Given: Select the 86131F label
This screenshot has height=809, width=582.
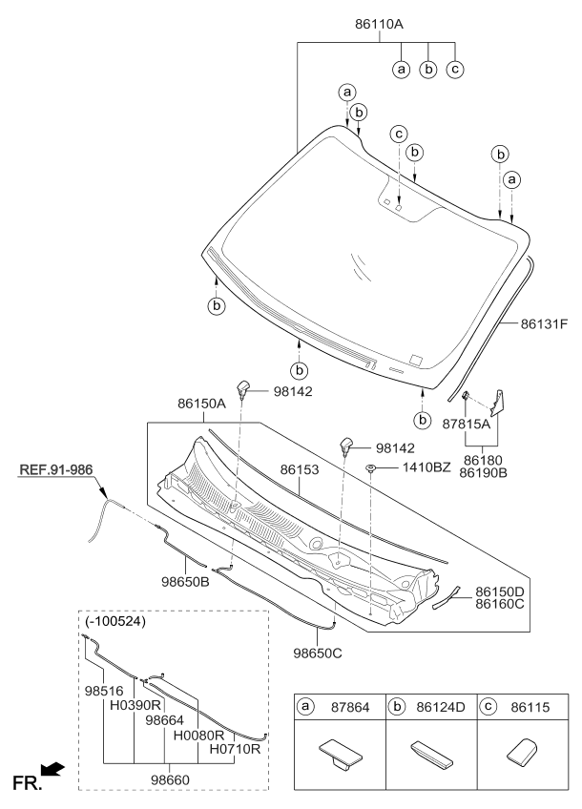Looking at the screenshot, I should (x=544, y=323).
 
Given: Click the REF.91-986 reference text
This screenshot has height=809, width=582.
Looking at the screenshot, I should (x=53, y=470).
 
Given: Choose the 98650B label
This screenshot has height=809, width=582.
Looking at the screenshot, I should (x=184, y=580).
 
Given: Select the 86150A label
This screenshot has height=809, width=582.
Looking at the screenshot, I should (x=201, y=404).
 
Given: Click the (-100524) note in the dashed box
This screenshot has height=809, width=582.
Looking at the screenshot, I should (x=115, y=622).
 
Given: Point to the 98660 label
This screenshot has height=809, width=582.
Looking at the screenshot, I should (x=168, y=780).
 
